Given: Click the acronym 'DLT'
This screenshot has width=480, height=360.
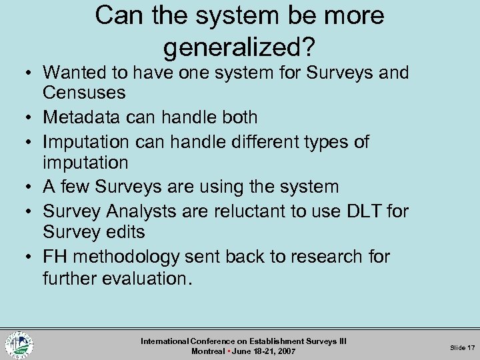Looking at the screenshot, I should point(361,211).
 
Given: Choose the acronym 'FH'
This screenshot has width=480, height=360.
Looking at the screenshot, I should point(57,257).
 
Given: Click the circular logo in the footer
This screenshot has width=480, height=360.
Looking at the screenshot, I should point(19,345).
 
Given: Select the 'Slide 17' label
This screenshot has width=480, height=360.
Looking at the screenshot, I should point(461,347).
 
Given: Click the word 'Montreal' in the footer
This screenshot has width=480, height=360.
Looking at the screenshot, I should point(208,351).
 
